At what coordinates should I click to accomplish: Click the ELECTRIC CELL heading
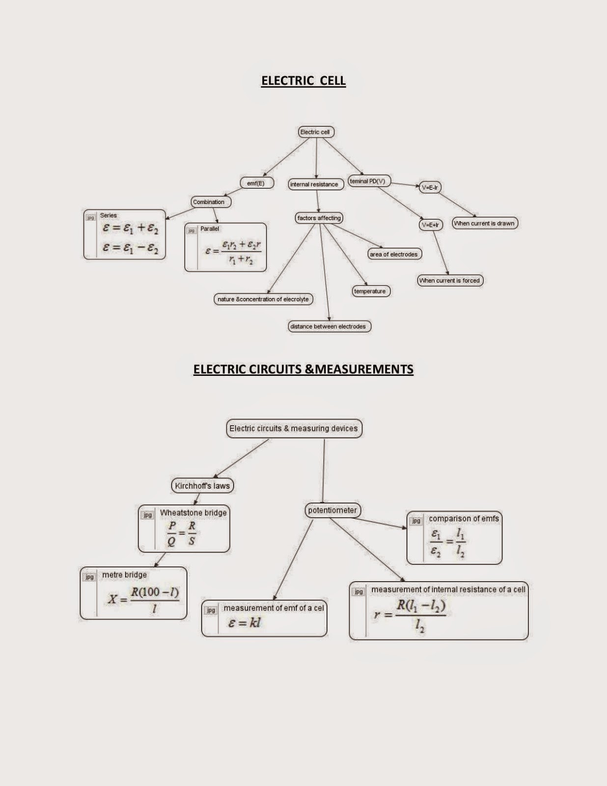point(303,81)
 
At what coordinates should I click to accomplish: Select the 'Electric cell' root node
point(316,132)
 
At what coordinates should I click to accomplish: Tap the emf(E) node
point(256,183)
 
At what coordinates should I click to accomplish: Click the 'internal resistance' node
point(314,184)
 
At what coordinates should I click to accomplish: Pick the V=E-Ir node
point(430,187)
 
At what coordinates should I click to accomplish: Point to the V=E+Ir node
point(430,225)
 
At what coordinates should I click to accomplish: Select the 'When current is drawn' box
point(484,223)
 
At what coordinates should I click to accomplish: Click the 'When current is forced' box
point(450,281)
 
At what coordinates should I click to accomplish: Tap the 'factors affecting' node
point(319,218)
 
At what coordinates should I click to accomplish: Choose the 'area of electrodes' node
point(394,254)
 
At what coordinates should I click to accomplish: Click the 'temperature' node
point(370,291)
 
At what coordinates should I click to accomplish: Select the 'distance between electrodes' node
point(328,326)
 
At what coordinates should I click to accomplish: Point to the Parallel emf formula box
point(225,248)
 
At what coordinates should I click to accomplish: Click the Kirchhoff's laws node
point(202,486)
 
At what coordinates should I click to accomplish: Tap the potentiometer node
point(332,510)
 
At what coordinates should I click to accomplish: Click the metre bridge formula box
point(133,593)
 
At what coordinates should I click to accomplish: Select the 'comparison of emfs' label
point(463,518)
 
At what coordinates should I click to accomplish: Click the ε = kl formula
point(244,623)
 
